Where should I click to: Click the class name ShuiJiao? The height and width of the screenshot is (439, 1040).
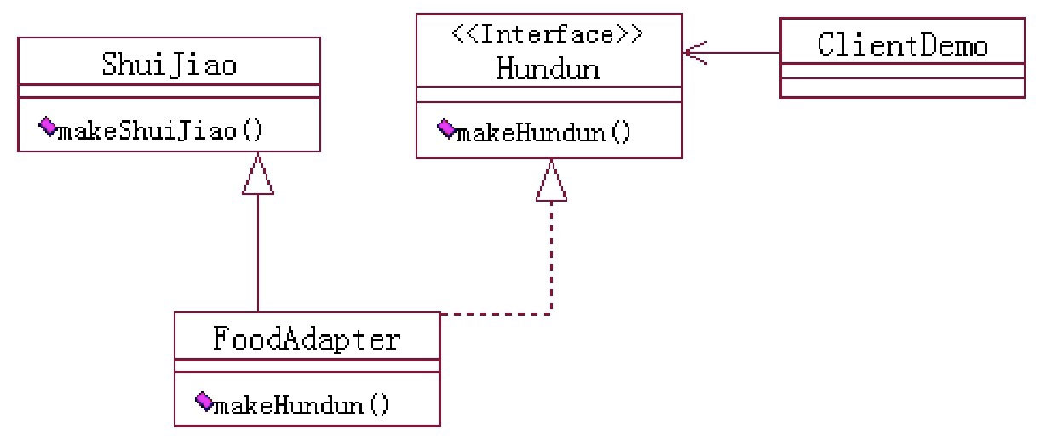pyautogui.click(x=169, y=65)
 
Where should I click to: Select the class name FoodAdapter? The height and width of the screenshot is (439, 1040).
pyautogui.click(x=306, y=340)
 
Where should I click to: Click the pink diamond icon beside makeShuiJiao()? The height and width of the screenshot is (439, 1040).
pyautogui.click(x=47, y=128)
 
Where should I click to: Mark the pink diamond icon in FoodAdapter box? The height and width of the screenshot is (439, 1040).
pyautogui.click(x=203, y=400)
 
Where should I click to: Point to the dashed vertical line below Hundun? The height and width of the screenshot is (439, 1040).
pyautogui.click(x=551, y=255)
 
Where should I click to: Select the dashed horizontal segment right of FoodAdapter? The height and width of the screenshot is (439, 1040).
pyautogui.click(x=494, y=315)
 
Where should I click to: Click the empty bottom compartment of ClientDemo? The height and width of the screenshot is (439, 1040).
pyautogui.click(x=902, y=88)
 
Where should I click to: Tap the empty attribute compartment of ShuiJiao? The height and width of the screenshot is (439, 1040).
pyautogui.click(x=169, y=90)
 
